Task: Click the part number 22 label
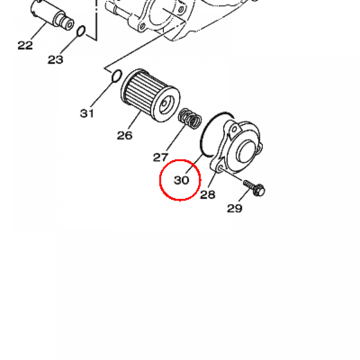[25, 45]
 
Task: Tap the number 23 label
[55, 60]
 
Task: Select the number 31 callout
[87, 114]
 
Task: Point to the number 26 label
[125, 135]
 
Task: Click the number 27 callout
[160, 157]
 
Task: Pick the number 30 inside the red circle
[182, 180]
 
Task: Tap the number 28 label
[208, 195]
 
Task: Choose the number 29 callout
[234, 208]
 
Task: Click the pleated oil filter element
[150, 95]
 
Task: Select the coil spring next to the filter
[190, 118]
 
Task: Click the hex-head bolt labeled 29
[255, 188]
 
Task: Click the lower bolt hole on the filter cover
[220, 167]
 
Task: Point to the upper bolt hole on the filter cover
[234, 129]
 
